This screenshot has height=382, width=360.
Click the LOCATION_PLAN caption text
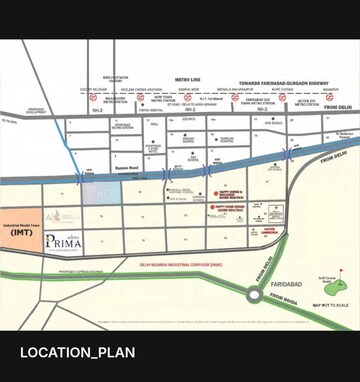tap(78, 352)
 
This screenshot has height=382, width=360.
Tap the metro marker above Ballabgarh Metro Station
tap(93, 98)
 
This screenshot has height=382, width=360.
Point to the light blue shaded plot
tap(101, 192)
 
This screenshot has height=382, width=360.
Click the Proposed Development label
tap(36, 112)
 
